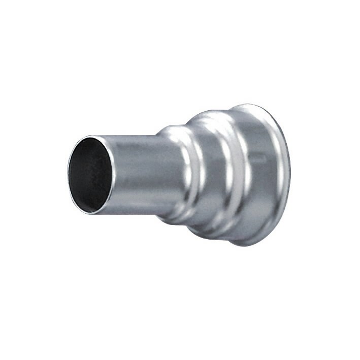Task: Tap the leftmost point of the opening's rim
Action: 69,172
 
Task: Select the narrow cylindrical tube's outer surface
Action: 137,173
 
